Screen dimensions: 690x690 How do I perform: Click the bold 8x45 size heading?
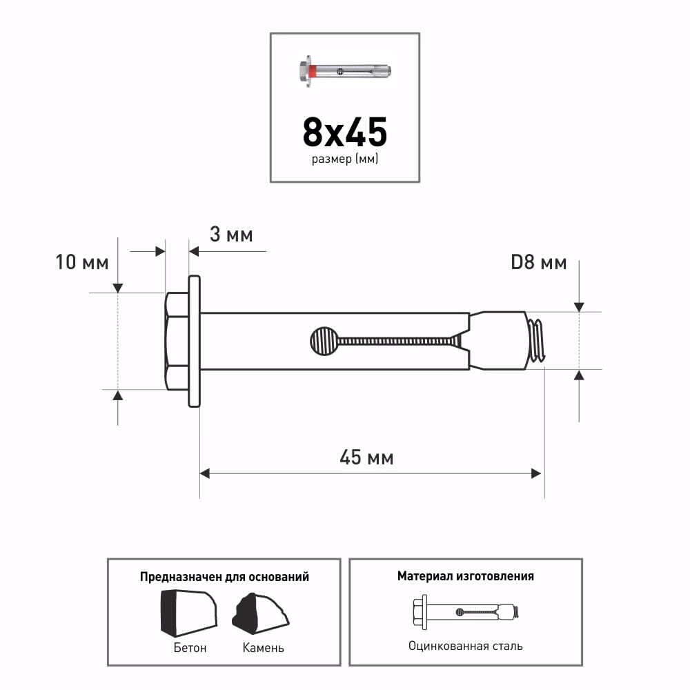click(344, 132)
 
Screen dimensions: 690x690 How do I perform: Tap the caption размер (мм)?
click(345, 159)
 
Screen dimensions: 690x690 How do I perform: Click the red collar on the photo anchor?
click(312, 71)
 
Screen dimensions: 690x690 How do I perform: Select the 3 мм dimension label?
click(231, 234)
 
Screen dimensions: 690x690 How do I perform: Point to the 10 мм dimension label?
click(82, 262)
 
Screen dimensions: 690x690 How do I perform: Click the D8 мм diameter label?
click(539, 262)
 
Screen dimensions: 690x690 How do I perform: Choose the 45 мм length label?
click(366, 457)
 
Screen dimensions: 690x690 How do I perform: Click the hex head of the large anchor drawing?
click(177, 341)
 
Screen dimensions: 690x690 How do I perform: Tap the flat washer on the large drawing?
click(195, 341)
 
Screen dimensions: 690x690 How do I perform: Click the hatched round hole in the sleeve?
click(324, 341)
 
